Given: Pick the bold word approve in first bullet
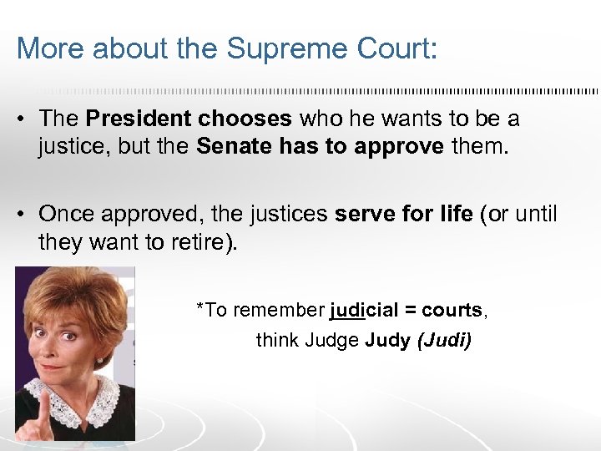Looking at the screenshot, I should coord(399,147).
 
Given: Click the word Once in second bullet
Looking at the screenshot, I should coord(67,214).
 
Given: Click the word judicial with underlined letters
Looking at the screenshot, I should coord(363,311).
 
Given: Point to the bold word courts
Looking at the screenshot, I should coord(452,311).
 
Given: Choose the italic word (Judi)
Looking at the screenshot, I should coord(444,341).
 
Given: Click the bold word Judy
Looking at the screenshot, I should coord(387,341).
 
